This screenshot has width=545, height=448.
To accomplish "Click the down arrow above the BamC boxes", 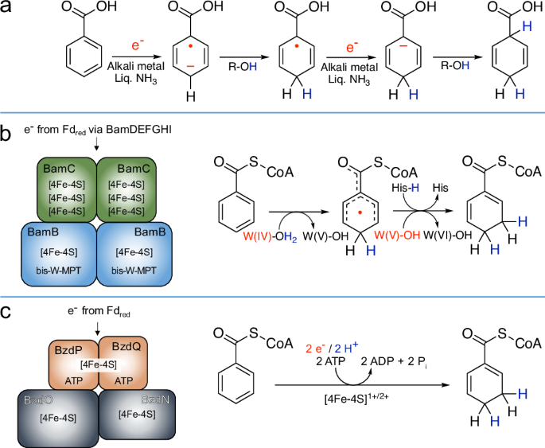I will point(97,144).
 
